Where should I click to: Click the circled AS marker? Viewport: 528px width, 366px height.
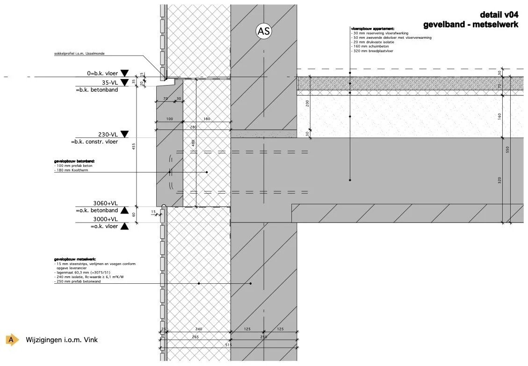(x=263, y=31)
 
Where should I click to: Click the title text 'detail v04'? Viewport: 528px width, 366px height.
(x=499, y=15)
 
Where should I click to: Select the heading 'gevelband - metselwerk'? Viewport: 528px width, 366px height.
(x=470, y=24)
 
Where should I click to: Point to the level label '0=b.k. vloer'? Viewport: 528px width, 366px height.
(x=99, y=73)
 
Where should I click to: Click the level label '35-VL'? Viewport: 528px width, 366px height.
(x=109, y=82)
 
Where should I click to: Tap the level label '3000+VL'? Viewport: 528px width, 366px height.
(x=105, y=219)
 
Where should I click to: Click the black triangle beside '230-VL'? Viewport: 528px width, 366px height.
(x=124, y=134)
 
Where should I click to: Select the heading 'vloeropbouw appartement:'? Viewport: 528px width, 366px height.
(x=372, y=29)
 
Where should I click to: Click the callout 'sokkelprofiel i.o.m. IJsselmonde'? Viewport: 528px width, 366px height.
(x=80, y=54)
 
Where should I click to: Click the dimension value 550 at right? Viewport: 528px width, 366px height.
(x=507, y=150)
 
